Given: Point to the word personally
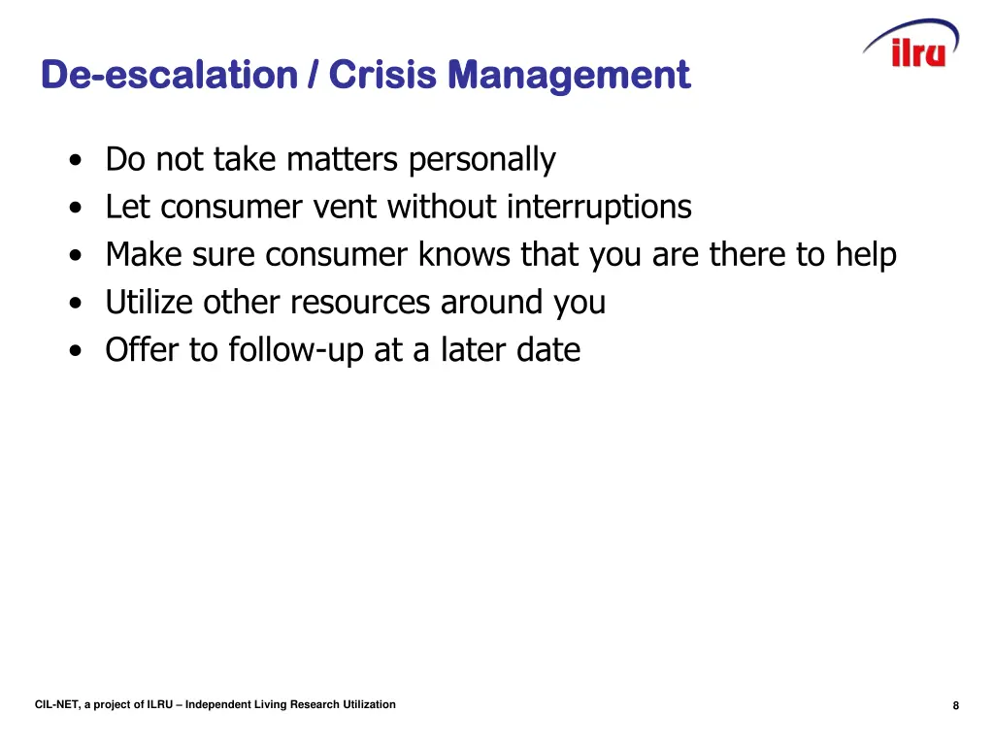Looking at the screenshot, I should (x=481, y=159).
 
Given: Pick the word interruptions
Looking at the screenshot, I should (x=599, y=207).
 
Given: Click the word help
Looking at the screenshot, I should (x=866, y=254).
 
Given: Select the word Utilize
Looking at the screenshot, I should (x=149, y=302).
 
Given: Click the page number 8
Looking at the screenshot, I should (x=956, y=705).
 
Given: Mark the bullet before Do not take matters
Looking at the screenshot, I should (x=76, y=161).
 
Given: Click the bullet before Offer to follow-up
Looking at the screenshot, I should (x=76, y=351).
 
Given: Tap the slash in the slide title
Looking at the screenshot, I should (x=313, y=75).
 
